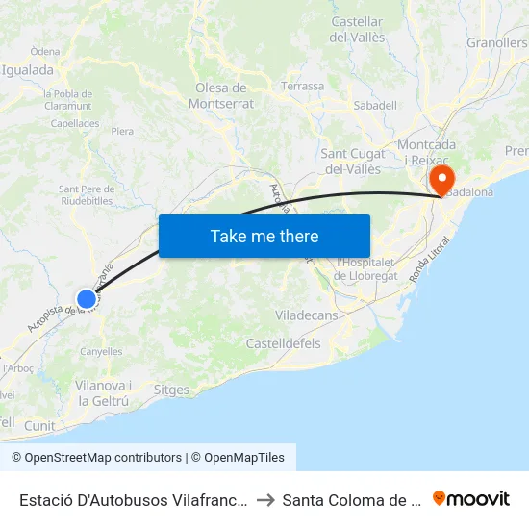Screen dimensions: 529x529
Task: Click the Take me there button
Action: [264, 237]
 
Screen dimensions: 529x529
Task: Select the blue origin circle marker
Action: [87, 299]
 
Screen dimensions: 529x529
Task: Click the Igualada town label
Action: [27, 70]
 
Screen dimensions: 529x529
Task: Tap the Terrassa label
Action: [302, 86]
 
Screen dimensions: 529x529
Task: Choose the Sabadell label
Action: [375, 105]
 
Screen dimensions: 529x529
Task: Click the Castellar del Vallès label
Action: [357, 30]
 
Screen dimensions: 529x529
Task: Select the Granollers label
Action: [497, 43]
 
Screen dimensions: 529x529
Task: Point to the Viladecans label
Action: [307, 315]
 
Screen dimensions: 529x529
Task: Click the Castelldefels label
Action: [283, 343]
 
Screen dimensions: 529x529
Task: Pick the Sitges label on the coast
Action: [171, 390]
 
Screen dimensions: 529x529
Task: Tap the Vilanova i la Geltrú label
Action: [103, 392]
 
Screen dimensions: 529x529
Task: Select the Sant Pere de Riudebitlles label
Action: [86, 195]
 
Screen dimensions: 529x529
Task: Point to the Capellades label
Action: [74, 123]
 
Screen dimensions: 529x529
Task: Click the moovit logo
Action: [471, 498]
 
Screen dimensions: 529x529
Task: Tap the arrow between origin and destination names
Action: [266, 499]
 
